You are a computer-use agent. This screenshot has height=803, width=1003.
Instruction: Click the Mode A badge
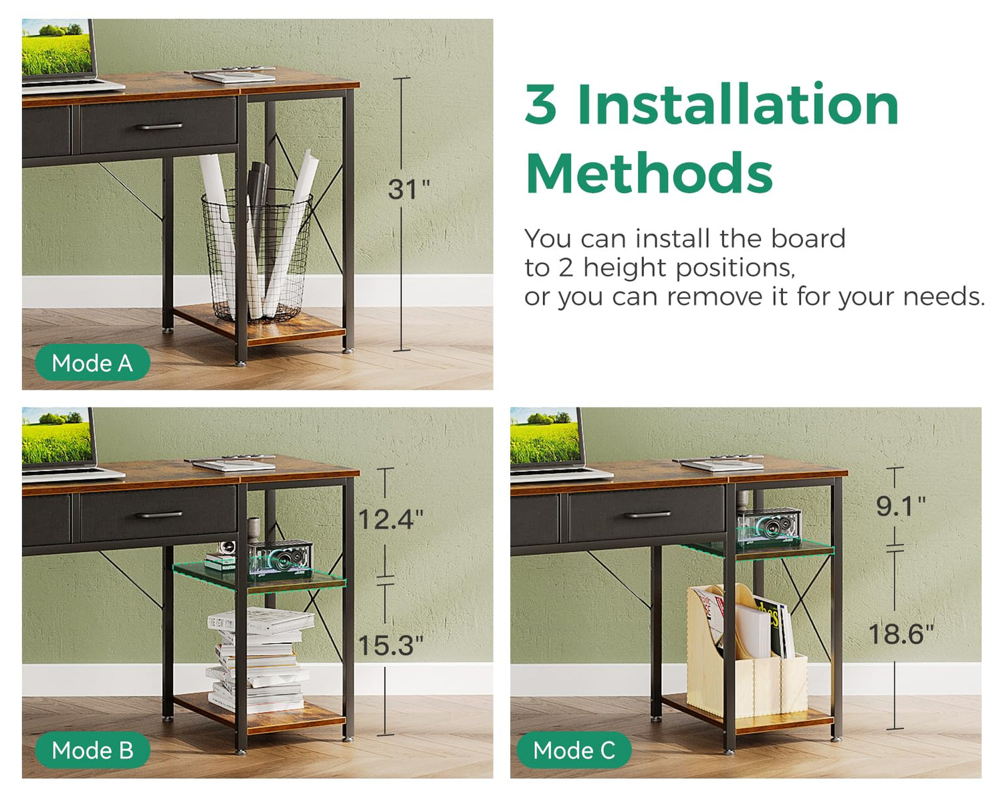[92, 363]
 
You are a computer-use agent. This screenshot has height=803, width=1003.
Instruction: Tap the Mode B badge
[92, 750]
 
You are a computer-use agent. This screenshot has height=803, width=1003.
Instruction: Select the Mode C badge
[574, 750]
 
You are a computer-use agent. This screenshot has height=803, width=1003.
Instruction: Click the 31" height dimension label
[409, 189]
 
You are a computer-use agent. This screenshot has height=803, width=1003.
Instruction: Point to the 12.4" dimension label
[391, 519]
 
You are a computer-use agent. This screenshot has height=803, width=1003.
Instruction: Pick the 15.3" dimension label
[391, 645]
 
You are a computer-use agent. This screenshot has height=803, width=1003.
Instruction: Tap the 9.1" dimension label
[901, 507]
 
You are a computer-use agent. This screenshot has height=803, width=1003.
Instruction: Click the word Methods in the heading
[650, 173]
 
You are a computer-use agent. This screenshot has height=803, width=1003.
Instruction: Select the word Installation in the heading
[738, 104]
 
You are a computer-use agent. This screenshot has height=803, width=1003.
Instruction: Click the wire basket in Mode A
[257, 255]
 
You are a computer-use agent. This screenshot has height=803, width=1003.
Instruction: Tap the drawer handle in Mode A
[159, 126]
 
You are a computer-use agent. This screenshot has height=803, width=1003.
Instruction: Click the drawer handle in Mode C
[647, 515]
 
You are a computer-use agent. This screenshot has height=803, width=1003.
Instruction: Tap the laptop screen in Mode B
[57, 436]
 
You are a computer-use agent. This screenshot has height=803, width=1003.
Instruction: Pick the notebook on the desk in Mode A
[233, 76]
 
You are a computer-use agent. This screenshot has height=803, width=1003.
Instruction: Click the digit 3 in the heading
[541, 104]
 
